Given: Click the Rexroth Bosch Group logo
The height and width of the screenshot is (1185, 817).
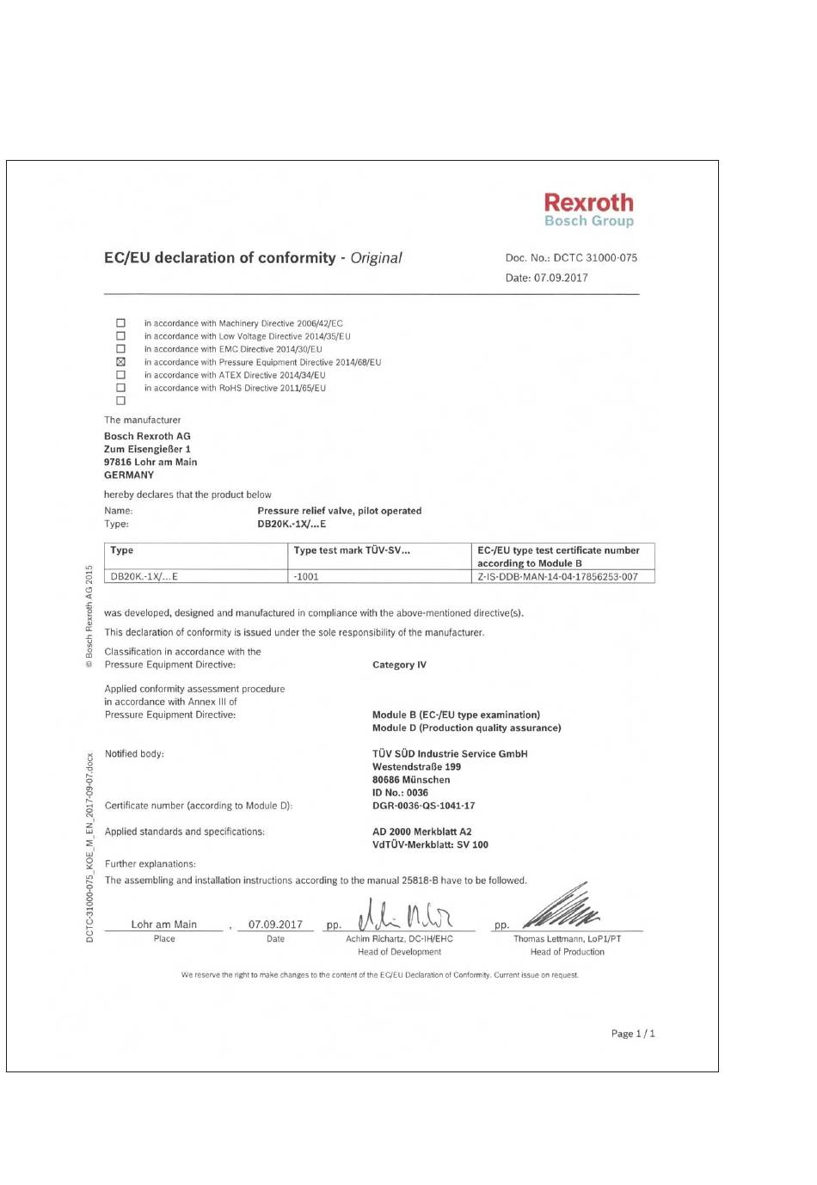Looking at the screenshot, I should point(588,210).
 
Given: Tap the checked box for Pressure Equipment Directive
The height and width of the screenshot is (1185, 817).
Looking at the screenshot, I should point(120,362).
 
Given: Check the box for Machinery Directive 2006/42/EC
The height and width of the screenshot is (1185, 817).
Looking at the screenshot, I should point(120,323).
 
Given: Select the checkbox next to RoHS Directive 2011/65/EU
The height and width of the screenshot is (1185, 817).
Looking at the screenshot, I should point(120,388).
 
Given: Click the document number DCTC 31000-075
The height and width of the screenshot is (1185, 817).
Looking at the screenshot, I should point(595,258).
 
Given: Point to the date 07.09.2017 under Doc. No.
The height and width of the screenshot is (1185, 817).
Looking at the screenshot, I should point(561,278).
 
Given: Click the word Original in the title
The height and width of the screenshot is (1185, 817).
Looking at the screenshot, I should point(376,258).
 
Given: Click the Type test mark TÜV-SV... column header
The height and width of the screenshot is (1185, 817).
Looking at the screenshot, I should point(352,550).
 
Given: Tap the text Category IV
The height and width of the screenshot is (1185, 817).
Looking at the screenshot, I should point(399,665).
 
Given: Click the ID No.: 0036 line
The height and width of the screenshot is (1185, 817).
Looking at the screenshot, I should point(400,793).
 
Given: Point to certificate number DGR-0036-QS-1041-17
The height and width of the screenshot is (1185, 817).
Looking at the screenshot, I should point(423,806).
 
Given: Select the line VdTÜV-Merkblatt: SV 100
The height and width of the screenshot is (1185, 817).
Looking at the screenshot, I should point(430,844).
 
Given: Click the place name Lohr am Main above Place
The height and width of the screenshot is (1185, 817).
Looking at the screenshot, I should point(163,924).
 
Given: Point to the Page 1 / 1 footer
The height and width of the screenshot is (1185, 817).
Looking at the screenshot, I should point(633,1034).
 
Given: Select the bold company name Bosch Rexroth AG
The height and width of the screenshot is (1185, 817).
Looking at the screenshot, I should point(147,436).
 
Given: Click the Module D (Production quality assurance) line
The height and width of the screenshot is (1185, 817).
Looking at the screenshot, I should point(466,728).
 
